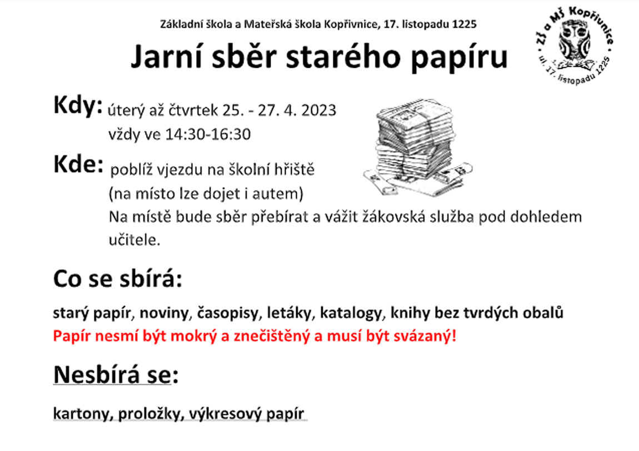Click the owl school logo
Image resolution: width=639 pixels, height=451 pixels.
[574, 46]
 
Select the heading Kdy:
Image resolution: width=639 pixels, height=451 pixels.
[77, 106]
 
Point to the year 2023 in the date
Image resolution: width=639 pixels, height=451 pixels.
[319, 111]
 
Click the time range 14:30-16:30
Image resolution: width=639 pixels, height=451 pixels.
[207, 134]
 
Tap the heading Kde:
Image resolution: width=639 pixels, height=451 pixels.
[78, 164]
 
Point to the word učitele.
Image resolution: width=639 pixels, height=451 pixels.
[134, 240]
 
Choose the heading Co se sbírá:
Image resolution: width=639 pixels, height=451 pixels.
[117, 279]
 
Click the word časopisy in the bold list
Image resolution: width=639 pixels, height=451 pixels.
[228, 313]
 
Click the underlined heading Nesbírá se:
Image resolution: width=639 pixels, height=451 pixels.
[116, 375]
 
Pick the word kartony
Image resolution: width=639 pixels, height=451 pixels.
[83, 414]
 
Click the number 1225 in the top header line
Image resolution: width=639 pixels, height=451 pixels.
[464, 24]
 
